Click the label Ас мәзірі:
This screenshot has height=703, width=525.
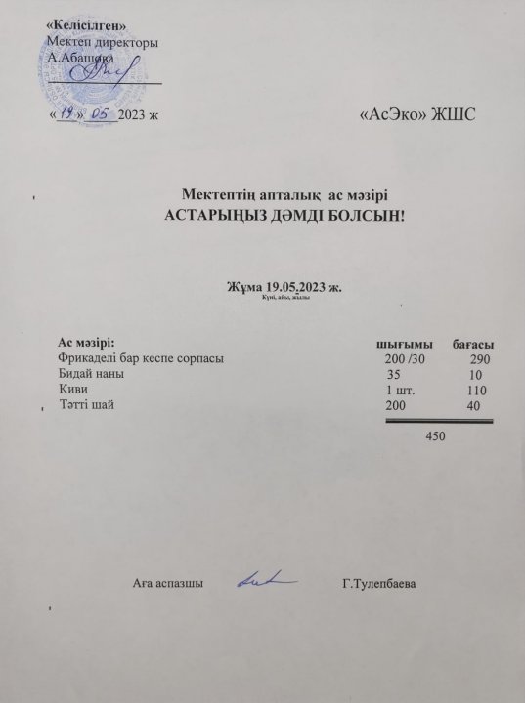(86, 343)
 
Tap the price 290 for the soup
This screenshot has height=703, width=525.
(479, 360)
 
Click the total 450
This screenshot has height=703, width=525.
(434, 434)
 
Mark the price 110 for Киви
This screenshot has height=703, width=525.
(477, 390)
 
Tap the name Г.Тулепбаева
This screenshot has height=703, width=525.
(380, 584)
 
